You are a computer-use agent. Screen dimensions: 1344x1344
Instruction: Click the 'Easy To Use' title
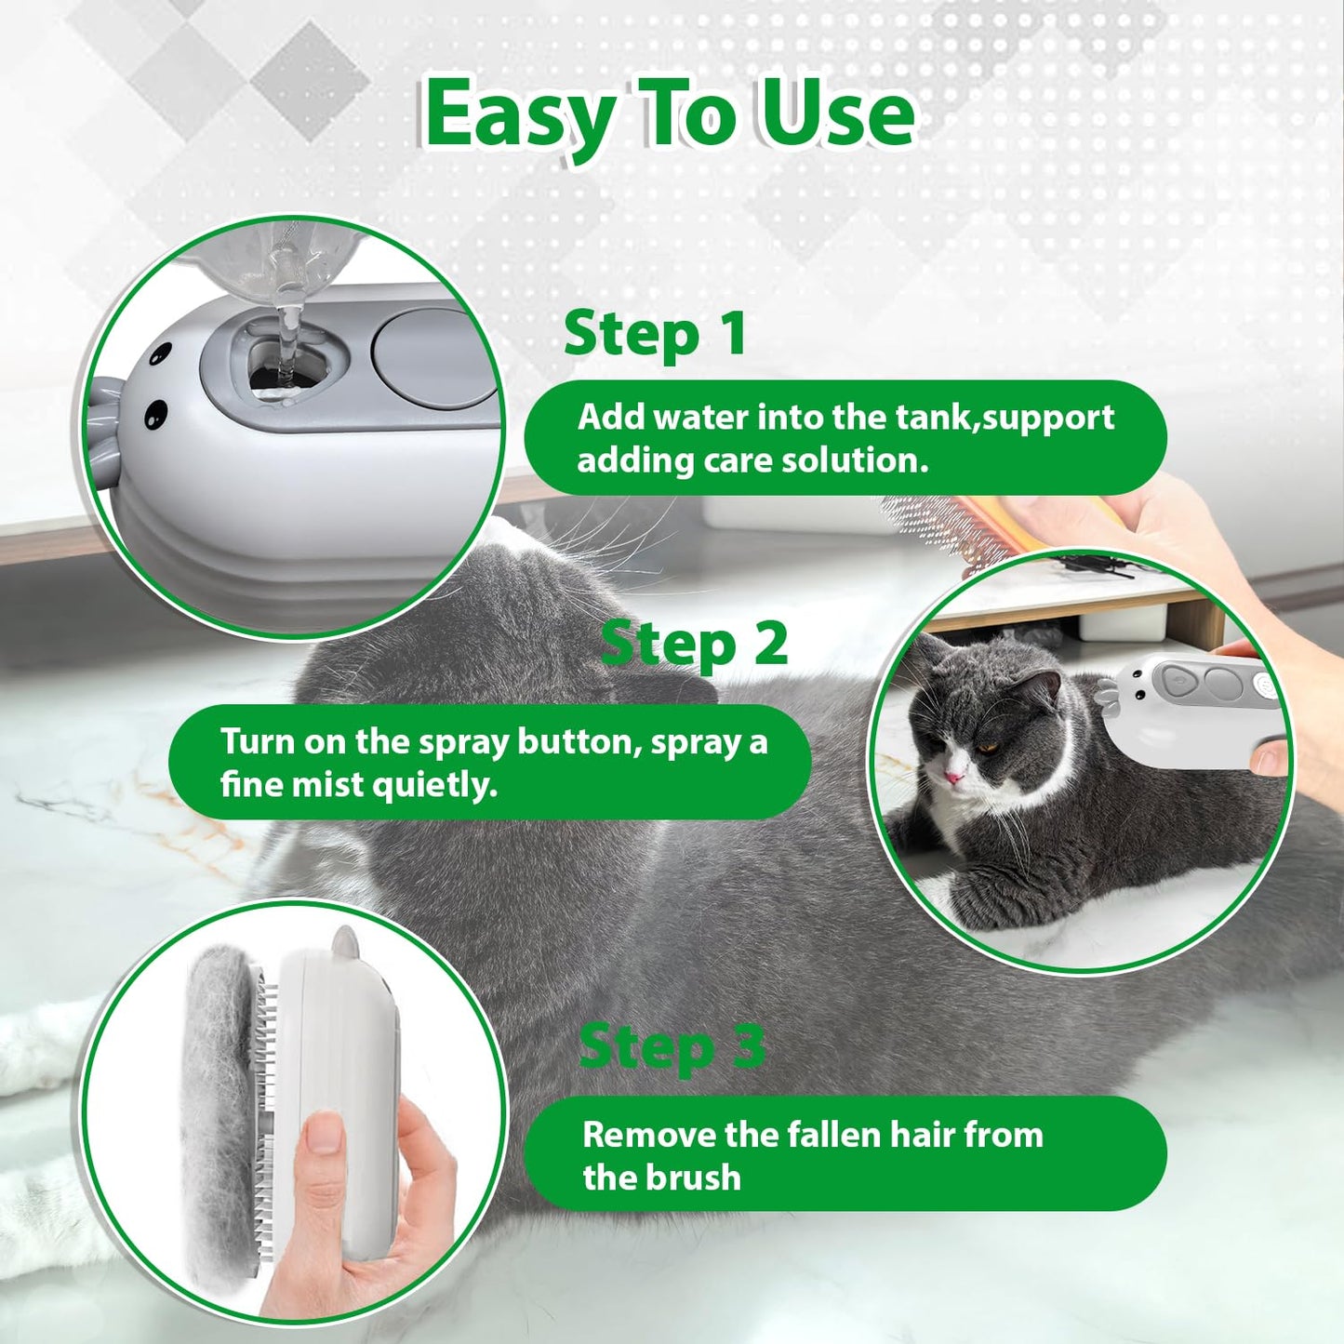(x=670, y=114)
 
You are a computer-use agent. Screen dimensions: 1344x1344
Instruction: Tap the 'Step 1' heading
(x=655, y=334)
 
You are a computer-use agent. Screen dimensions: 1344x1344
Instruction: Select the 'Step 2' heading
(x=694, y=645)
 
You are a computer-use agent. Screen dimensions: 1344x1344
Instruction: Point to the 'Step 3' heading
(x=672, y=1047)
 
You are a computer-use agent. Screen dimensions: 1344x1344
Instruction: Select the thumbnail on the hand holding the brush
(x=324, y=1135)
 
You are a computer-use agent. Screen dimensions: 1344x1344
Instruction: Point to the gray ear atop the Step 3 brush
(x=344, y=942)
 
